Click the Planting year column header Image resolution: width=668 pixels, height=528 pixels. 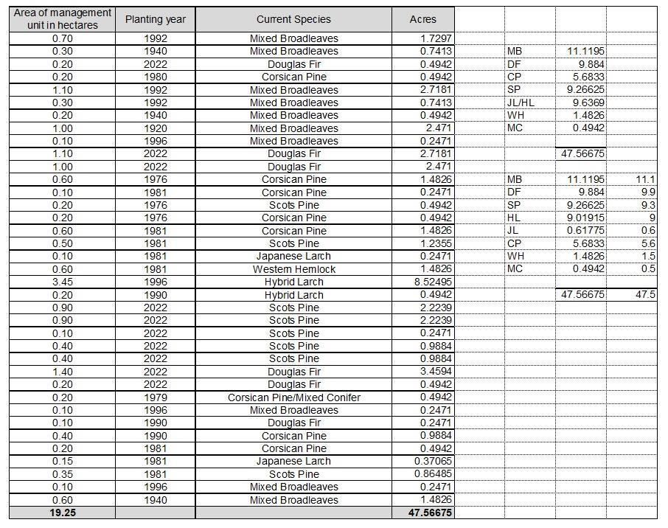click(x=155, y=19)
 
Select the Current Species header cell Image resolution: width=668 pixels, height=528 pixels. click(x=293, y=19)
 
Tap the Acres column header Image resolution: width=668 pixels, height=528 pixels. click(x=422, y=19)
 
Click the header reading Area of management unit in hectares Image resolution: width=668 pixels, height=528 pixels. click(x=63, y=19)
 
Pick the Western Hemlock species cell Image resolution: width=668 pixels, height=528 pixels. click(x=293, y=269)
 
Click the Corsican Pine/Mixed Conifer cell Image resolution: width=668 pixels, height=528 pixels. click(x=293, y=397)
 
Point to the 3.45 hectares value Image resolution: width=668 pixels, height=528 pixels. click(x=63, y=282)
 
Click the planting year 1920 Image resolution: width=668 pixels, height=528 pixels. click(x=155, y=128)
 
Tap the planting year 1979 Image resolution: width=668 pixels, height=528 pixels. click(x=155, y=397)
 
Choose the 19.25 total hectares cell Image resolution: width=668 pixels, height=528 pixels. click(x=63, y=513)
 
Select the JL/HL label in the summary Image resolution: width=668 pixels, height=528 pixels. click(x=521, y=103)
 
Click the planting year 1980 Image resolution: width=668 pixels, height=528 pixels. click(x=155, y=77)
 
